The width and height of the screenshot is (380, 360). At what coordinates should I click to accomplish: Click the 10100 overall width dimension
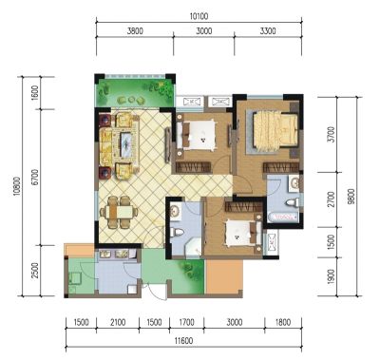pos(199,16)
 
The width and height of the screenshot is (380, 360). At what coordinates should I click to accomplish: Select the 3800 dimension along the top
pos(135,31)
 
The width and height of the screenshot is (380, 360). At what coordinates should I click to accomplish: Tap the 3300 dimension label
pos(268,31)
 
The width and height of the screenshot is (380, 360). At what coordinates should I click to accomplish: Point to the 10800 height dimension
pos(17,186)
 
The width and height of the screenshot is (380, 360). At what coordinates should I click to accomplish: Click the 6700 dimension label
pos(35,178)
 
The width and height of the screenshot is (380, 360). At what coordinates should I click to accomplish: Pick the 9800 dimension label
pos(350,197)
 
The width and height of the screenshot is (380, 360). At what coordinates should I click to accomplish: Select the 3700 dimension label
pos(331,135)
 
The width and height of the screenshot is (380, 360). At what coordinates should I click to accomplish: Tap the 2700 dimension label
pos(331,199)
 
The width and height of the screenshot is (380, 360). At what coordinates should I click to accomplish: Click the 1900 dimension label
pos(331,276)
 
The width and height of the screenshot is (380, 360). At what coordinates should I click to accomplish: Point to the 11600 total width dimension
pos(183,341)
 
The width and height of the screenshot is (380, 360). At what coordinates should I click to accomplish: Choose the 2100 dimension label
pos(118,322)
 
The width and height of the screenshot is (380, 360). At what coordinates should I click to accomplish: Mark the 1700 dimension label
pos(186,322)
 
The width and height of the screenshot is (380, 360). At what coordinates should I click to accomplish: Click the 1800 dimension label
pos(283,322)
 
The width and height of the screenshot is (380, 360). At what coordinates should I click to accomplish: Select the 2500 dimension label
pos(35,270)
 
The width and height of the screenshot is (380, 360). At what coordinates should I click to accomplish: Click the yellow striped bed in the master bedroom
pos(275,130)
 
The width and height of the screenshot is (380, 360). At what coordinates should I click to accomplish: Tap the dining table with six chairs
pos(119,212)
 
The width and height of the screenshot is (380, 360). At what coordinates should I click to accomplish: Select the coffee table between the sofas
pos(126,144)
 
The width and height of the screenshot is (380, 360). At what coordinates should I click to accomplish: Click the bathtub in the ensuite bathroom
pos(283,218)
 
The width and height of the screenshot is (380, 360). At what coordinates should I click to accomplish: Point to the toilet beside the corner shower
pos(176,233)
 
